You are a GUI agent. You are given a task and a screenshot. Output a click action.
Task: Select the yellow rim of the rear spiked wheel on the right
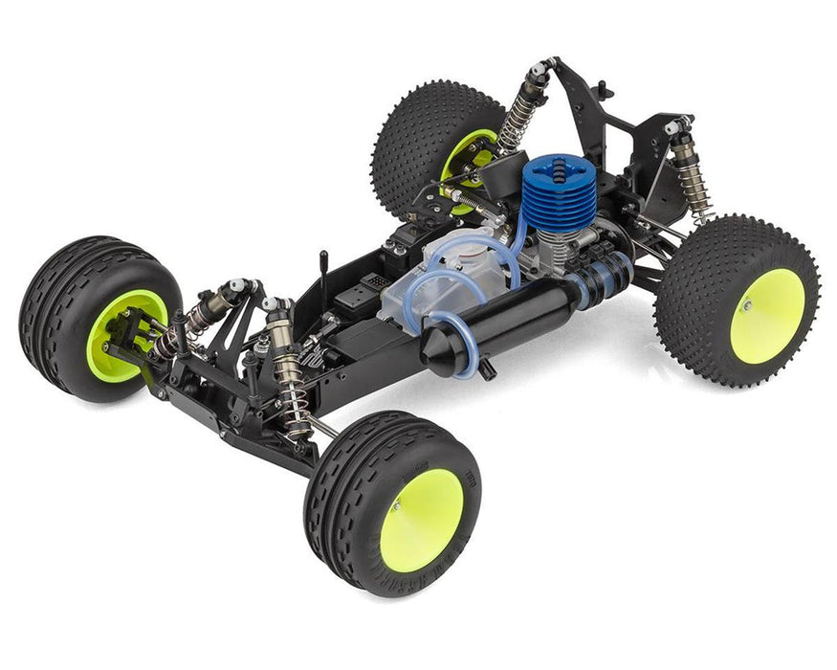(x=766, y=315)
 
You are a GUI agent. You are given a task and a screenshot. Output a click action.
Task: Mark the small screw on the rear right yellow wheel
(x=745, y=306)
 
